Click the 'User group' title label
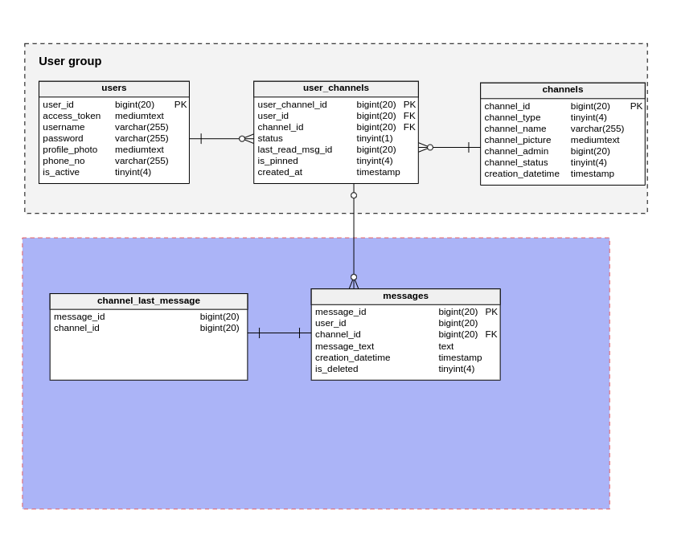(x=70, y=61)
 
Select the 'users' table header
(x=113, y=88)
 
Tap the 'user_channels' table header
(x=335, y=88)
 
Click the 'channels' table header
(x=562, y=89)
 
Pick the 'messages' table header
(x=405, y=296)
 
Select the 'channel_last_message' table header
(x=149, y=300)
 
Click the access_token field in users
(x=72, y=116)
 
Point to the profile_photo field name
(x=70, y=149)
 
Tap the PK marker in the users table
(x=180, y=104)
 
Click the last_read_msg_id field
(x=294, y=149)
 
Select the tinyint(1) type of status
(x=375, y=138)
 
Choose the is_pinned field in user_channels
(x=277, y=161)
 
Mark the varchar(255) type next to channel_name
(x=597, y=129)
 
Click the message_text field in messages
(x=344, y=346)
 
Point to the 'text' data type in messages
(x=445, y=346)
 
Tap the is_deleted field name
(x=336, y=369)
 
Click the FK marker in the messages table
(x=490, y=334)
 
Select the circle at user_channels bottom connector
(x=354, y=195)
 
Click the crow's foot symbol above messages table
(x=354, y=283)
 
